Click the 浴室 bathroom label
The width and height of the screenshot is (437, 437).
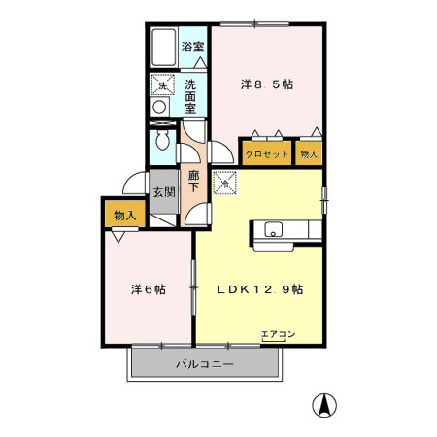191,47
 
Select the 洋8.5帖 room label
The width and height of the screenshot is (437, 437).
267,84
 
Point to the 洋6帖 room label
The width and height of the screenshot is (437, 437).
148,288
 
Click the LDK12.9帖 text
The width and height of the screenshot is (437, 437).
259,288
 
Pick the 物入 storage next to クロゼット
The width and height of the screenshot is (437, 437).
309,154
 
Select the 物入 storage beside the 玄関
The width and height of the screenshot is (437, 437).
123,215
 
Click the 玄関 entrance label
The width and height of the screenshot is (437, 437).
163,191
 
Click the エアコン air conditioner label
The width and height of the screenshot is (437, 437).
278,335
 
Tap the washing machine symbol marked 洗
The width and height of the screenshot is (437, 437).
162,86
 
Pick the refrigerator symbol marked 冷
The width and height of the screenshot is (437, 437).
224,179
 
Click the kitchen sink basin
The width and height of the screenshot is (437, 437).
273,230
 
